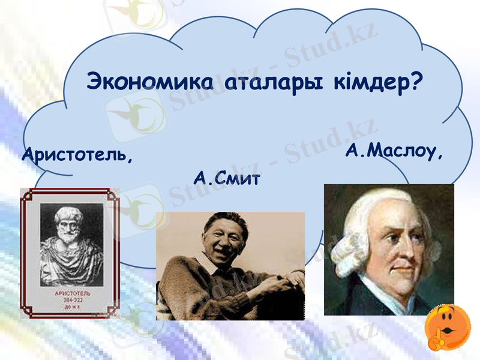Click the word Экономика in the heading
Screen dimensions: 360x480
pyautogui.click(x=152, y=82)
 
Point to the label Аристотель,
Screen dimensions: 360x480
pyautogui.click(x=77, y=155)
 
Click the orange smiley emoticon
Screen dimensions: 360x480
pyautogui.click(x=447, y=327)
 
